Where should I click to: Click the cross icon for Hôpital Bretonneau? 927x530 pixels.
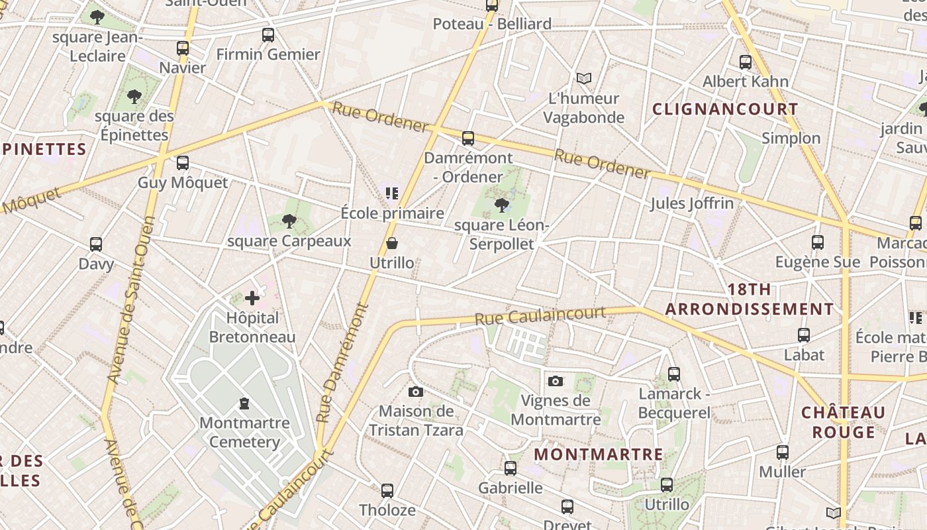pos(252,298)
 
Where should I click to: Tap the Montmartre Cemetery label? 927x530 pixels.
pos(244,432)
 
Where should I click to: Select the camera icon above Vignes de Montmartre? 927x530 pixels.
pos(556,381)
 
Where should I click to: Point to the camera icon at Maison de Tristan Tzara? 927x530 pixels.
pos(416,392)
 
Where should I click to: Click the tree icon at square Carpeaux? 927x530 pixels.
pos(289,221)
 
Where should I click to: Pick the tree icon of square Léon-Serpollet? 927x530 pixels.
pos(502,205)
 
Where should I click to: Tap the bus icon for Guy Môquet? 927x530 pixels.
pos(183,162)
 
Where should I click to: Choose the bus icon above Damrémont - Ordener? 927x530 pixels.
pos(468,138)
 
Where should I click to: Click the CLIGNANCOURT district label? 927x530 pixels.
pos(725,109)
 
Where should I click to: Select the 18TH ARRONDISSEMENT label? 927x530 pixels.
pos(750,299)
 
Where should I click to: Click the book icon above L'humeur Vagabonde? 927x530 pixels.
pos(583,79)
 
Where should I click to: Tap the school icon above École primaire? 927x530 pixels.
pos(392,193)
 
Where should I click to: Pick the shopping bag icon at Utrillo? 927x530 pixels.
pos(392,243)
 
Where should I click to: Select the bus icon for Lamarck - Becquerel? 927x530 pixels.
pos(674,374)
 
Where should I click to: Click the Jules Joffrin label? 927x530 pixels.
pos(691,203)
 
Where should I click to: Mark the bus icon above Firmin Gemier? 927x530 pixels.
pos(268,35)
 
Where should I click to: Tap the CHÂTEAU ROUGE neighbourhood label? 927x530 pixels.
pos(843,422)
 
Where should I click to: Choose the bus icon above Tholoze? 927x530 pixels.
pos(387,491)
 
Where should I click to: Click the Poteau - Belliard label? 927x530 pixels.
pos(492,25)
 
